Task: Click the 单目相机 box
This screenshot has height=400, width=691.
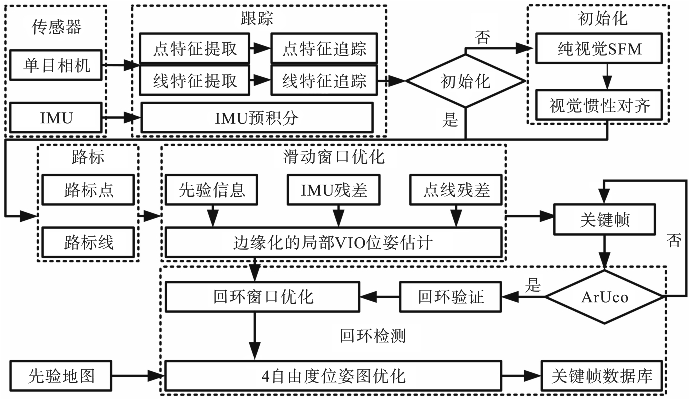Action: pyautogui.click(x=57, y=65)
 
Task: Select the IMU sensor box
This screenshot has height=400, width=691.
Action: pyautogui.click(x=57, y=118)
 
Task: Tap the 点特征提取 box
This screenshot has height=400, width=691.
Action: pyautogui.click(x=195, y=49)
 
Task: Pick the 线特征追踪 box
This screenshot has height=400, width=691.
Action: pyautogui.click(x=324, y=80)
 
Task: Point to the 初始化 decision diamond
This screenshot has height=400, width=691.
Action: pyautogui.click(x=465, y=81)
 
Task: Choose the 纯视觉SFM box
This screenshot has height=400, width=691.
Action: pyautogui.click(x=599, y=49)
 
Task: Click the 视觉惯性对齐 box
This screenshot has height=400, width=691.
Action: pyautogui.click(x=599, y=105)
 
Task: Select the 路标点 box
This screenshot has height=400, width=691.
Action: pyautogui.click(x=89, y=190)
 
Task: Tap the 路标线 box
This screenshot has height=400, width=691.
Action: pyautogui.click(x=89, y=242)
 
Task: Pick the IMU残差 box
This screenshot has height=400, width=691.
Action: pyautogui.click(x=334, y=190)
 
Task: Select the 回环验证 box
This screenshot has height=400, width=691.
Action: pyautogui.click(x=451, y=297)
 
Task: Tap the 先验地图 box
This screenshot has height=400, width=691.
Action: pyautogui.click(x=61, y=375)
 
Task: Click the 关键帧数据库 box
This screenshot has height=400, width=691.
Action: pyautogui.click(x=602, y=376)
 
